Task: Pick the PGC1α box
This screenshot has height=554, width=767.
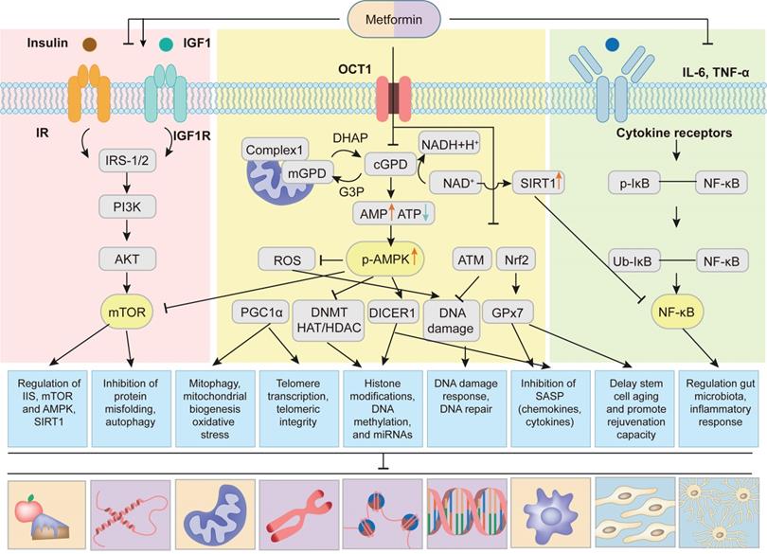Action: pyautogui.click(x=258, y=310)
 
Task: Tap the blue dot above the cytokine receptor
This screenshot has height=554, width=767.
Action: pyautogui.click(x=611, y=44)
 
